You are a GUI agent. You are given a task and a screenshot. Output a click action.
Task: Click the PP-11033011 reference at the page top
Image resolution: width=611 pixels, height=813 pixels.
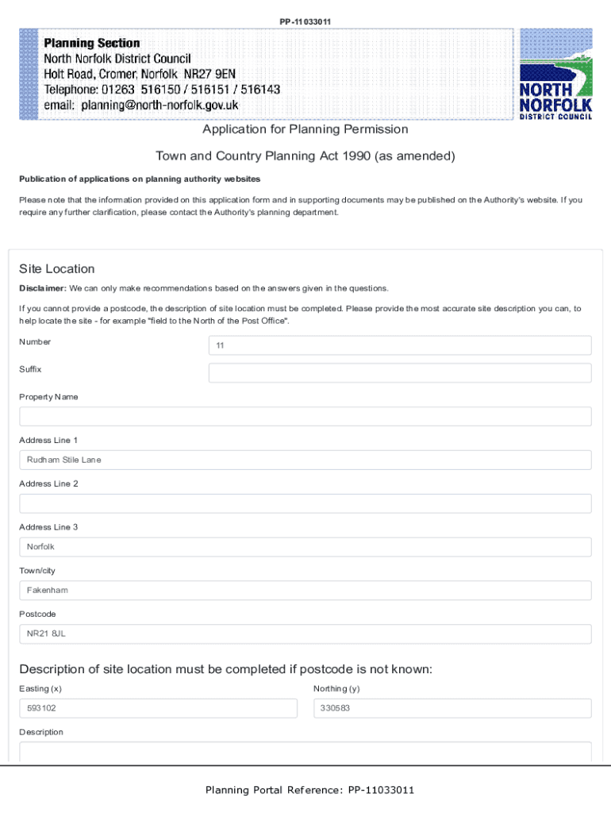[x=305, y=21]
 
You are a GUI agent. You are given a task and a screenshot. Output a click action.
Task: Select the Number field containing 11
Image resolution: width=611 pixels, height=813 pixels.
[x=399, y=345]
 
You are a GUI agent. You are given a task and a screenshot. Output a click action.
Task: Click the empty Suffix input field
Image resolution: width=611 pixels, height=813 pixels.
[x=399, y=373]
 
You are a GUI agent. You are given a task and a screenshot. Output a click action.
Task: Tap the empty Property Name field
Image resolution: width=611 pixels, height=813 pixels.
[x=305, y=417]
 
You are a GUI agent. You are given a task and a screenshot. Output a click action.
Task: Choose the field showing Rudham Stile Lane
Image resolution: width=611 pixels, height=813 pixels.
[x=305, y=460]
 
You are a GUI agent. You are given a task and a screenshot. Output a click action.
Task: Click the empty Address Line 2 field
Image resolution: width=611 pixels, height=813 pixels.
[x=305, y=503]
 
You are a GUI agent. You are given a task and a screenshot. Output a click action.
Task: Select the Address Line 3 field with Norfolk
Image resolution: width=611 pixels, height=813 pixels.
[x=305, y=547]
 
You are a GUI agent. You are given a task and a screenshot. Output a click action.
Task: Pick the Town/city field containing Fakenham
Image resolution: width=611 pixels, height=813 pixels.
[x=305, y=591]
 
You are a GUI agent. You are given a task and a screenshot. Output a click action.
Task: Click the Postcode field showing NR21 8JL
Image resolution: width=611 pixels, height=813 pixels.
[x=305, y=634]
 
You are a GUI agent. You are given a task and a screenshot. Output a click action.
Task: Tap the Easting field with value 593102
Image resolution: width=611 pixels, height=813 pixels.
[x=158, y=708]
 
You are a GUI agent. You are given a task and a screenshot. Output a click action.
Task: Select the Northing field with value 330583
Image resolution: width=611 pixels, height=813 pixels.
[x=452, y=708]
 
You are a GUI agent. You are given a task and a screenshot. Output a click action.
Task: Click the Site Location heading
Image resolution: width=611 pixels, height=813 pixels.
[x=57, y=269]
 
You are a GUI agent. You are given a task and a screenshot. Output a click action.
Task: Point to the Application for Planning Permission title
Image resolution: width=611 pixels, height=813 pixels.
[x=305, y=129]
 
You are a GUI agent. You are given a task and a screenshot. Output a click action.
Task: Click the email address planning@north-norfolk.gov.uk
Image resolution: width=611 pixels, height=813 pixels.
[x=141, y=105]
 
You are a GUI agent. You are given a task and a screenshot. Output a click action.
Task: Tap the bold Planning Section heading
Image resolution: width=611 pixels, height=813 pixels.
[x=92, y=44]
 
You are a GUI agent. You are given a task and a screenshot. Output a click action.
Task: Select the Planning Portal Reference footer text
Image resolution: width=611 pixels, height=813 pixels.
[x=309, y=790]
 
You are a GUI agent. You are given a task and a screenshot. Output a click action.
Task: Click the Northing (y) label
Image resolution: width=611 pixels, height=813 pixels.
[x=336, y=688]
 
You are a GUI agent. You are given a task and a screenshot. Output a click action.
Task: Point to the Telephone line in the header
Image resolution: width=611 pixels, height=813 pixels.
[x=162, y=90]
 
